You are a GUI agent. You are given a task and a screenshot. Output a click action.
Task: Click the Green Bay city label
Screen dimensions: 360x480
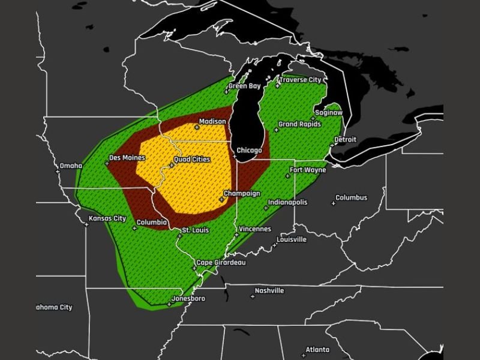[x=244, y=86]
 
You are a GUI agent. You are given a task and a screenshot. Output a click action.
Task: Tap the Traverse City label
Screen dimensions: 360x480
[x=301, y=80]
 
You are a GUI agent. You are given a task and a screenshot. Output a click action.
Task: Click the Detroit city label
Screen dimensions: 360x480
[x=345, y=140]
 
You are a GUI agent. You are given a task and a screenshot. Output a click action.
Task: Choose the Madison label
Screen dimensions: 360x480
[x=212, y=122]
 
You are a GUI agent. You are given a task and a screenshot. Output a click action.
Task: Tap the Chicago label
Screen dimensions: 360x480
[x=249, y=150]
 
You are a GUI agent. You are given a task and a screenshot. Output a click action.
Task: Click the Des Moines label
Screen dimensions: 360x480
[x=127, y=158]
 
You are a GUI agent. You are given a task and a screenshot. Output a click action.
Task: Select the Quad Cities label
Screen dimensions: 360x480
[x=191, y=160]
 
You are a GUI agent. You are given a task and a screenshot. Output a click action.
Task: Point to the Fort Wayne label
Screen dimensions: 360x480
[x=308, y=170]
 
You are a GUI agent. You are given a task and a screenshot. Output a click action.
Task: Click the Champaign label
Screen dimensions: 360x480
[x=242, y=194]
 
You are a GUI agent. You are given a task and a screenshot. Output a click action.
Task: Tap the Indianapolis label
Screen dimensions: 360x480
[x=287, y=203]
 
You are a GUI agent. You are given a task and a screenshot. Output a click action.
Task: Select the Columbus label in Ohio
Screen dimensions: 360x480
[x=352, y=198]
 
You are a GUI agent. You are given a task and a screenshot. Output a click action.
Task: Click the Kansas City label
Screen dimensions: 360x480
[x=107, y=218]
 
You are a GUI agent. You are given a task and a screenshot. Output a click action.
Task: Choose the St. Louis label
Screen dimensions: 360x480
[x=194, y=230]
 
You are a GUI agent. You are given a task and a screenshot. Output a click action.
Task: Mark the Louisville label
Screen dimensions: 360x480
[x=292, y=239]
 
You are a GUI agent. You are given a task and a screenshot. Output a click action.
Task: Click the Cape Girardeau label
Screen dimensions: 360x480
[x=221, y=263]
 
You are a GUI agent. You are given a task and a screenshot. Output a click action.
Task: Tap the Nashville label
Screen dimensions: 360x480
[x=269, y=291]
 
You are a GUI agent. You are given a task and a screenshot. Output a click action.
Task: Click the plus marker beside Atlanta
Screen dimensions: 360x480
[x=301, y=354]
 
